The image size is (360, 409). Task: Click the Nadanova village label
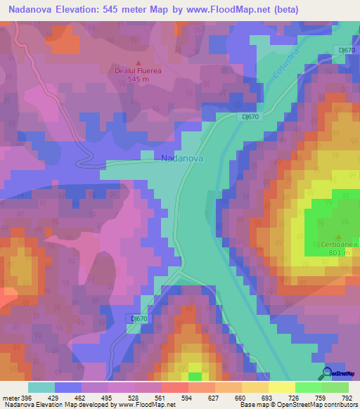tap(182, 159)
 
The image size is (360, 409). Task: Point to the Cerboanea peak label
tap(339, 244)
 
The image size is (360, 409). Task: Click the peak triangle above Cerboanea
tap(339, 236)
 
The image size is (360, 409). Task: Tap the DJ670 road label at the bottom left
tap(139, 318)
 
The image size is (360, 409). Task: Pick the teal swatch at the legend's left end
tap(41, 387)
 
